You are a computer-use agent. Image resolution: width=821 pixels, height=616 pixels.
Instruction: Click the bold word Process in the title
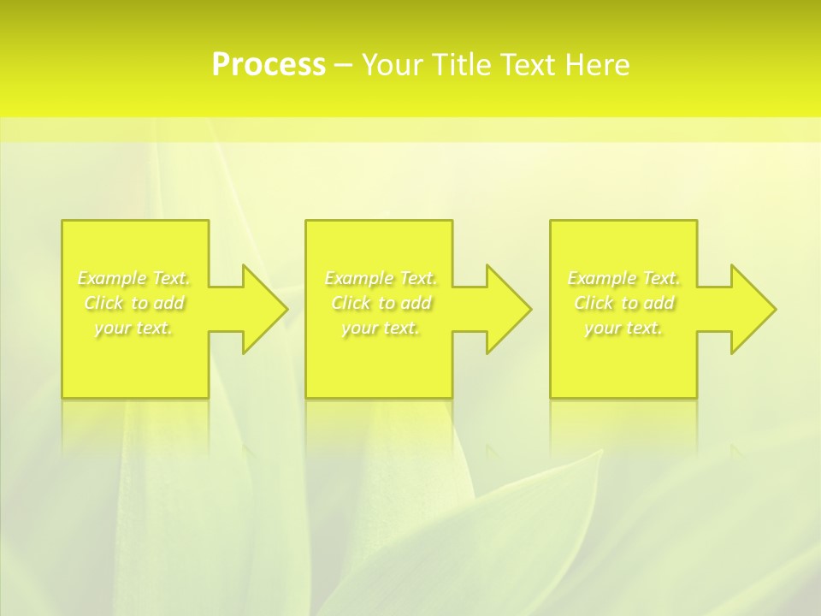[x=269, y=65]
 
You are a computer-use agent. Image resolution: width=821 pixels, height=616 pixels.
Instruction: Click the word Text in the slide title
[x=529, y=65]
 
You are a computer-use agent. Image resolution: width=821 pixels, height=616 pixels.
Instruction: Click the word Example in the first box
[x=112, y=278]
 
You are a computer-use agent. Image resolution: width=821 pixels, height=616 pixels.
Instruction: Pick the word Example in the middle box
[x=359, y=278]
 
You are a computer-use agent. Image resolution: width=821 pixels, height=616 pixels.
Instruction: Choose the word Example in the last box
[x=602, y=278]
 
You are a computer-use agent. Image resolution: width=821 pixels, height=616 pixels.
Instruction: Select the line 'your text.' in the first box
[x=134, y=328]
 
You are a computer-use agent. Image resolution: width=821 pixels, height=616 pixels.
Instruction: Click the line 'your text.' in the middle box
[x=381, y=328]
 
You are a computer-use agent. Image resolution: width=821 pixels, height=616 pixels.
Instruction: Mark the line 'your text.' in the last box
[x=623, y=328]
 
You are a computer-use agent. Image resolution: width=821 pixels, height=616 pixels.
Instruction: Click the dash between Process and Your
[x=344, y=65]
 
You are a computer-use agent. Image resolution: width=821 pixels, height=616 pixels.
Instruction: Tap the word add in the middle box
[x=415, y=303]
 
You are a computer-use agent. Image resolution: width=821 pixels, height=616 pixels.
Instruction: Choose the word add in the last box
[x=658, y=303]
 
